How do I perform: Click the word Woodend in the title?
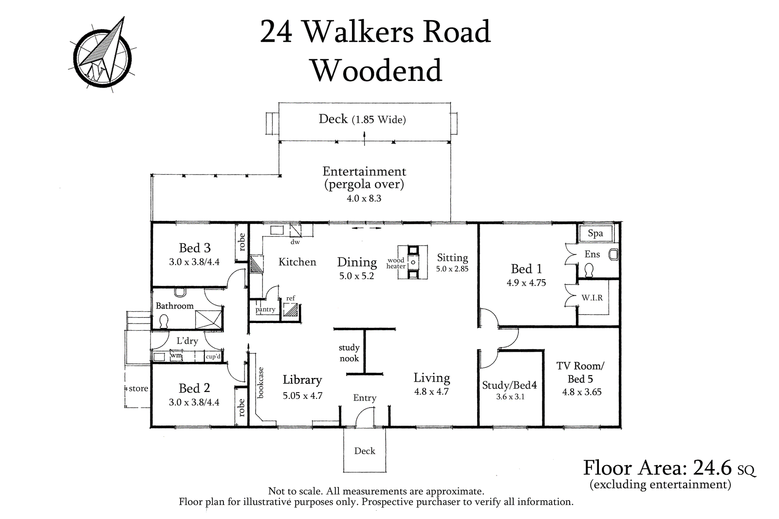tap(377, 71)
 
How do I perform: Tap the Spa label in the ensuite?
tap(595, 233)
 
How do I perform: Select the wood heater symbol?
tap(413, 262)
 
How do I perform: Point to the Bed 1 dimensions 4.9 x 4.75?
tap(526, 283)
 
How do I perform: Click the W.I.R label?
tap(592, 298)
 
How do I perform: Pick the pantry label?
tap(265, 309)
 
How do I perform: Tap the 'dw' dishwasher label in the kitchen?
tap(295, 242)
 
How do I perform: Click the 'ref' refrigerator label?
tap(290, 298)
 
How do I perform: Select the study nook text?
tap(349, 353)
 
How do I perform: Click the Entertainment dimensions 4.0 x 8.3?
tap(364, 198)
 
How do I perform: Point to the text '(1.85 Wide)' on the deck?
tap(379, 120)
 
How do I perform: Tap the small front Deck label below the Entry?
tap(365, 451)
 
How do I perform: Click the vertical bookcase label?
tap(261, 382)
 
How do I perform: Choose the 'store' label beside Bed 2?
tap(138, 388)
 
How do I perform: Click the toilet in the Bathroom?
tap(164, 322)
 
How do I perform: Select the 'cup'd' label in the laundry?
tap(213, 357)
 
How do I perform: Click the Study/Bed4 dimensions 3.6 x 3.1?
tap(510, 397)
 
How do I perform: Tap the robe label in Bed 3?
tap(241, 242)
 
